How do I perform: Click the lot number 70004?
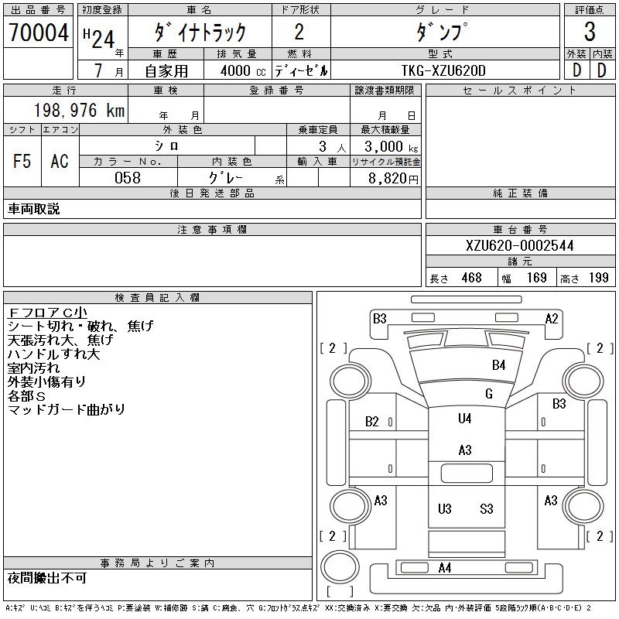click(39, 32)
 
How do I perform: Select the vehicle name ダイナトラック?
click(200, 32)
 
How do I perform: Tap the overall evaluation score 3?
click(590, 32)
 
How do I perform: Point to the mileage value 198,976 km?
click(78, 111)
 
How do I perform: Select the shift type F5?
click(22, 161)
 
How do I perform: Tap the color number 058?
click(128, 178)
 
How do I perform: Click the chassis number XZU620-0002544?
click(520, 245)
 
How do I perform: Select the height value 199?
click(598, 278)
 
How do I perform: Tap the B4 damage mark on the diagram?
click(498, 365)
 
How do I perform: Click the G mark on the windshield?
click(488, 394)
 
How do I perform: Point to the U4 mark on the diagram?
click(464, 419)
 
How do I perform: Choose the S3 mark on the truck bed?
click(486, 509)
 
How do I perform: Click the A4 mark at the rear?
click(444, 569)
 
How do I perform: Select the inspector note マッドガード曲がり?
click(67, 409)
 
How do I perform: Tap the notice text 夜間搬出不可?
click(47, 578)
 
